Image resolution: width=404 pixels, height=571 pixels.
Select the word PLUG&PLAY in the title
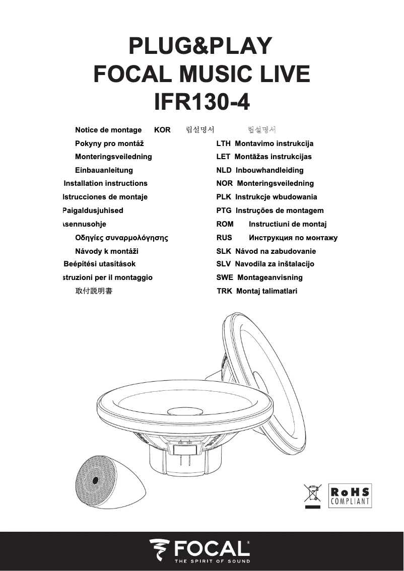point(200,46)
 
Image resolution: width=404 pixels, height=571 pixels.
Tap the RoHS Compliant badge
point(350,495)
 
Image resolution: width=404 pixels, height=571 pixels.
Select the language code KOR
point(162,130)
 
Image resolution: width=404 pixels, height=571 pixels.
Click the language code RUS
point(224,238)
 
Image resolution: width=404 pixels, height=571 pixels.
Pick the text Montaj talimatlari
point(266,291)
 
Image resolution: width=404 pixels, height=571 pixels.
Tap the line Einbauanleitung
point(104,170)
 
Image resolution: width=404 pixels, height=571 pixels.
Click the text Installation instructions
point(106,183)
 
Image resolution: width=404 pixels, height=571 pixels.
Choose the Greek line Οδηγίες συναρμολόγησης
point(121,238)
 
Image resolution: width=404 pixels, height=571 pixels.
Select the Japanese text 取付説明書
point(94,291)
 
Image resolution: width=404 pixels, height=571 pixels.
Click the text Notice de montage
point(108,130)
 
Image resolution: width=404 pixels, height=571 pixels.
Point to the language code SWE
point(225,277)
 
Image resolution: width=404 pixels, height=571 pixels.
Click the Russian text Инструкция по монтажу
point(293,238)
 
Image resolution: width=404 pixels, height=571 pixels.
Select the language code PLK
point(224,197)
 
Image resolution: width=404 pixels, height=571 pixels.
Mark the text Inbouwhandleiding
point(270,170)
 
